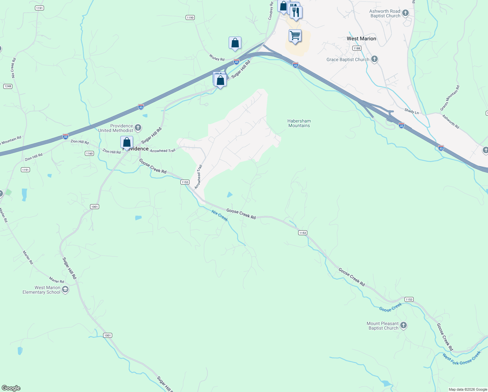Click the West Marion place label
pyautogui.click(x=361, y=39)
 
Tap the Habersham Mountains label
pyautogui.click(x=299, y=123)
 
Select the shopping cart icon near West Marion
pyautogui.click(x=295, y=36)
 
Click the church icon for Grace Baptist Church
pyautogui.click(x=374, y=59)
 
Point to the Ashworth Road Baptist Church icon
pyautogui.click(x=405, y=13)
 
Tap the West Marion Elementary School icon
pyautogui.click(x=65, y=289)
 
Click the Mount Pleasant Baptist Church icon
pyautogui.click(x=404, y=325)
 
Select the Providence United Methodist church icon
pyautogui.click(x=138, y=127)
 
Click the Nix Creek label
pyautogui.click(x=220, y=216)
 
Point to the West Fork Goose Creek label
pyautogui.click(x=462, y=358)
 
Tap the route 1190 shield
pyautogui.click(x=190, y=18)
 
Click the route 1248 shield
pyautogui.click(x=8, y=86)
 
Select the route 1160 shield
pyautogui.click(x=89, y=153)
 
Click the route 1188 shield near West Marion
pyautogui.click(x=357, y=48)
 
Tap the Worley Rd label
pyautogui.click(x=217, y=58)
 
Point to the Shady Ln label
pyautogui.click(x=412, y=111)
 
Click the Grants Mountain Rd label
pyautogui.click(x=450, y=98)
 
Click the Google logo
pyautogui.click(x=11, y=388)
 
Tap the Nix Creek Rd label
pyautogui.click(x=14, y=68)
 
